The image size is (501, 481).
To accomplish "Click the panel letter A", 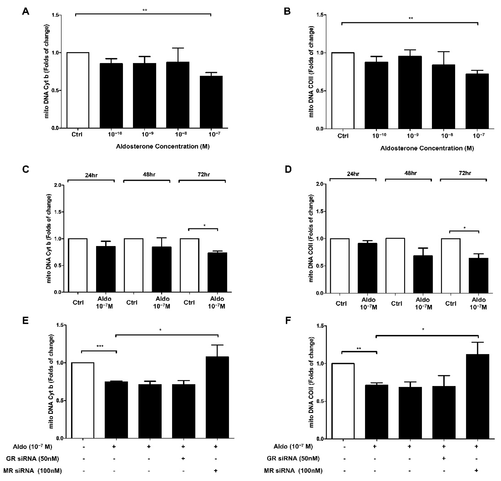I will coord(26,12).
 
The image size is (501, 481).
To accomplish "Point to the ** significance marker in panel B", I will coord(411,18).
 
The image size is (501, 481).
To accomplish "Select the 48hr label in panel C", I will coord(149,175).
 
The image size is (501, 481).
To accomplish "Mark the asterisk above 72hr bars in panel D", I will coord(464,228).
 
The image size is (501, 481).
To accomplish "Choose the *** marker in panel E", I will coord(100,346).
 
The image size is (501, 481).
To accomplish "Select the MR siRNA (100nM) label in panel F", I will coord(293,470).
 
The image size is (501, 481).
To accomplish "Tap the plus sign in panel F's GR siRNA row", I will coord(444,458).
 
